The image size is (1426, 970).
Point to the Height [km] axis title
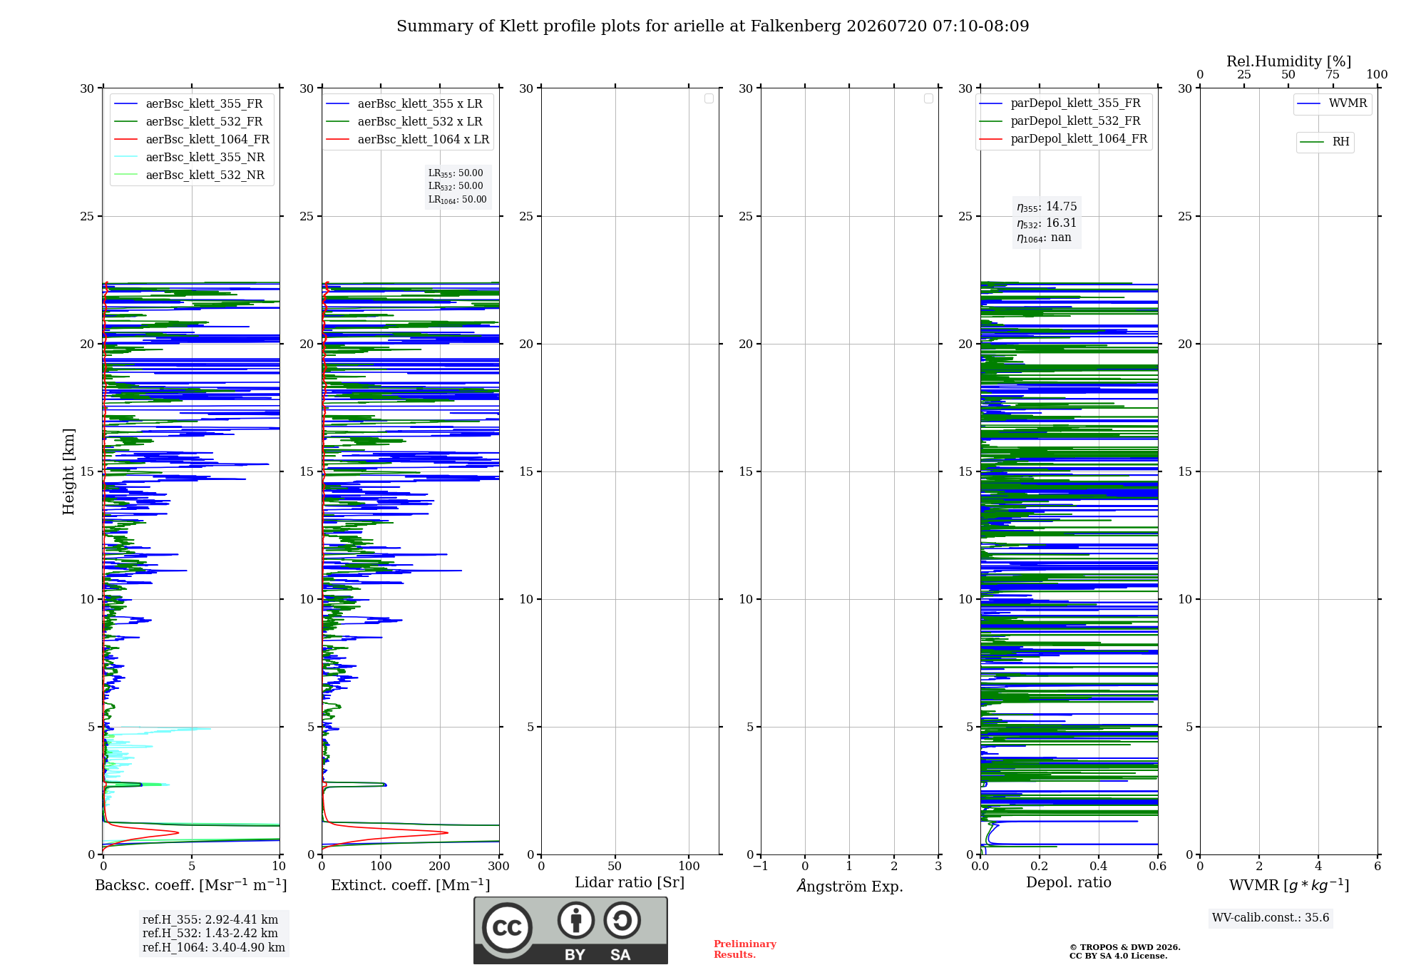68,471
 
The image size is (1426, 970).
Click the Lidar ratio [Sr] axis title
630,882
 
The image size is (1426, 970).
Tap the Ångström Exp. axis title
850,886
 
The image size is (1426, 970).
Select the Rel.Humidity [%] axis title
1289,61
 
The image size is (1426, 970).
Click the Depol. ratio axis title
1069,882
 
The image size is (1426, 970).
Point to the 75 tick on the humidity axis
1333,74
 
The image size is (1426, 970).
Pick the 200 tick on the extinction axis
440,866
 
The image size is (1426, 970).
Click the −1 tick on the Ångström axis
761,866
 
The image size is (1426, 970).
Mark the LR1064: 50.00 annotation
457,200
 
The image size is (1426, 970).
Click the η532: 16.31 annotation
1047,223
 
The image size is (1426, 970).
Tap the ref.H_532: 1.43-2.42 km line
210,933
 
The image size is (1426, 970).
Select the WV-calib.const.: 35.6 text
1271,917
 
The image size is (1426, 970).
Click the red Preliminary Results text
745,949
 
